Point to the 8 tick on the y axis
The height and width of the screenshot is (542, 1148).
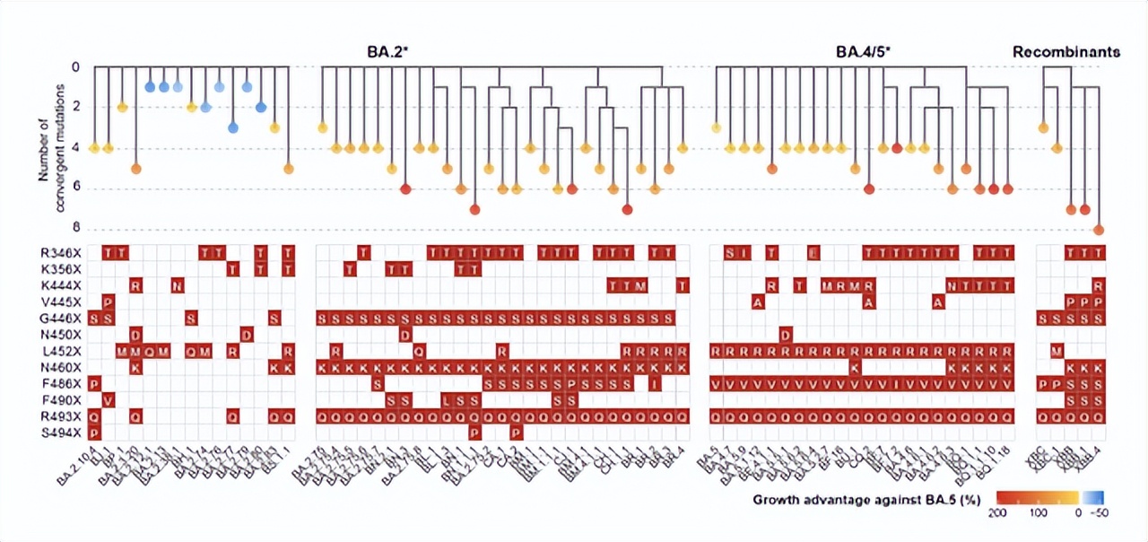[x=76, y=229]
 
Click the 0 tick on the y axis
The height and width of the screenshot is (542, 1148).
[x=76, y=67]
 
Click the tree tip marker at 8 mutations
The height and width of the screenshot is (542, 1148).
[x=1099, y=231]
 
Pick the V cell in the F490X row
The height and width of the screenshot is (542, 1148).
[x=108, y=400]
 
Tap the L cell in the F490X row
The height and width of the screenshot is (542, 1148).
[x=446, y=400]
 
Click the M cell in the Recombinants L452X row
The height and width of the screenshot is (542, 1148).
[x=1057, y=351]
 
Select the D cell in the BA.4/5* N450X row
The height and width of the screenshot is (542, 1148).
[x=786, y=335]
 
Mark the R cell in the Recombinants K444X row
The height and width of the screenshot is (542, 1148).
[x=1099, y=286]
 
